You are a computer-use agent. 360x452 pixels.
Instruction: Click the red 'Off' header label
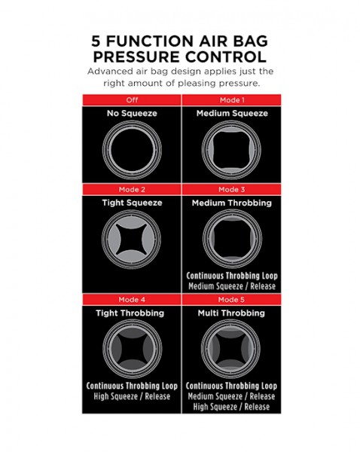coord(132,100)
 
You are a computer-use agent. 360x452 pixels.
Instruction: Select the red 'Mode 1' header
coord(232,100)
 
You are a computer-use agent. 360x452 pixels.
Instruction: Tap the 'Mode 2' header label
coord(132,189)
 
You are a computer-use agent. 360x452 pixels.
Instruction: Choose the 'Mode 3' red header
coord(231,189)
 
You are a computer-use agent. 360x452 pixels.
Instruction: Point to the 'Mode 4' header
coord(132,300)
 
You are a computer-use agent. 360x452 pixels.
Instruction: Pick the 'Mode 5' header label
coord(231,300)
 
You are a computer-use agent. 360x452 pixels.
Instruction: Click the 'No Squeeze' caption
coord(132,113)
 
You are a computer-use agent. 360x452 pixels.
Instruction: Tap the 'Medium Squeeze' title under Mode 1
coord(232,113)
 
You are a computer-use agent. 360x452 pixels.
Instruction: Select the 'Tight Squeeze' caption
coord(132,203)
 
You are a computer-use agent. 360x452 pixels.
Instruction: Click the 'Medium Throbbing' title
coord(232,203)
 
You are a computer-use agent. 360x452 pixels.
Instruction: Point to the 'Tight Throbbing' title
coord(130,313)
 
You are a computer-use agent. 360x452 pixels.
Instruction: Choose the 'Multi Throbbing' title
coord(231,313)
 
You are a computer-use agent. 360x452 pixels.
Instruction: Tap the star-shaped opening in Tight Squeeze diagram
coord(132,240)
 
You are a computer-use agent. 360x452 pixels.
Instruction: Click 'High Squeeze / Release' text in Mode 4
coord(132,396)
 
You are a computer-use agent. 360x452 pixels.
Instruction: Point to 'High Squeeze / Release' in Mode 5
coord(231,407)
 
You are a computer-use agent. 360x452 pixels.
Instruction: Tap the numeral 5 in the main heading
coord(96,41)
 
